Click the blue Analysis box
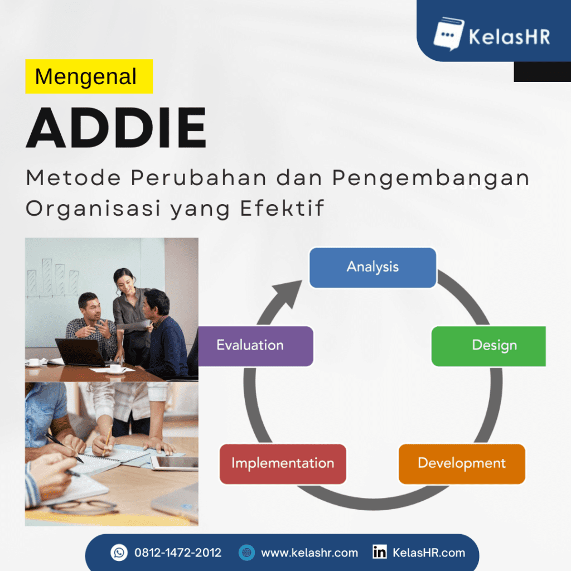pyautogui.click(x=372, y=268)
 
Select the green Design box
pyautogui.click(x=488, y=346)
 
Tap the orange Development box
pyautogui.click(x=462, y=463)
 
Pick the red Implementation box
pyautogui.click(x=283, y=463)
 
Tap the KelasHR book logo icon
pyautogui.click(x=448, y=34)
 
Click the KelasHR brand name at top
pyautogui.click(x=509, y=37)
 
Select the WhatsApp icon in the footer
pyautogui.click(x=119, y=553)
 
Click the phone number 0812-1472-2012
pyautogui.click(x=178, y=553)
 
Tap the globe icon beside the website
pyautogui.click(x=246, y=553)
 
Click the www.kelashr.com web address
pyautogui.click(x=309, y=553)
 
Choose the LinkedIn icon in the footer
pyautogui.click(x=380, y=553)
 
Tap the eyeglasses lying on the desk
pyautogui.click(x=84, y=506)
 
